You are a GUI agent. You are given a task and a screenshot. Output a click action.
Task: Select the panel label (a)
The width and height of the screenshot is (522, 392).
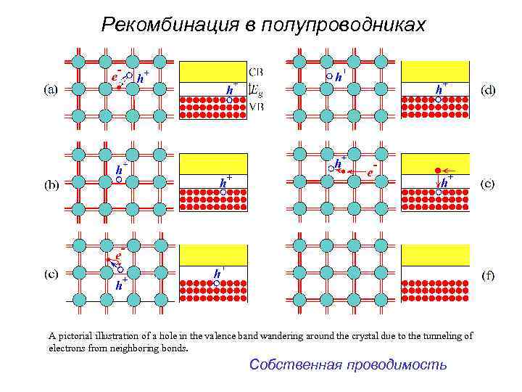(x=51, y=89)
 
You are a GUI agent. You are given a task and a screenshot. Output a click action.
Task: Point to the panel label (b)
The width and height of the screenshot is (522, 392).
(x=51, y=184)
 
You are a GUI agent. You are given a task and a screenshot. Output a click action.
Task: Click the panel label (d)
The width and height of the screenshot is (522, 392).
(x=489, y=89)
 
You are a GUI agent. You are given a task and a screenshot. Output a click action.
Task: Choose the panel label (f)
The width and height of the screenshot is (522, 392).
(x=489, y=275)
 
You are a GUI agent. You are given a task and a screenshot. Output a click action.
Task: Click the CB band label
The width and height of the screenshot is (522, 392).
(x=257, y=71)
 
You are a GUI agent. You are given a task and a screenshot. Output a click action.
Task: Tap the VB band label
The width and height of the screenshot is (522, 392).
(x=257, y=107)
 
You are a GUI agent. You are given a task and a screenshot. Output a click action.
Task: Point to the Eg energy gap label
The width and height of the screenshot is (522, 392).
(x=257, y=89)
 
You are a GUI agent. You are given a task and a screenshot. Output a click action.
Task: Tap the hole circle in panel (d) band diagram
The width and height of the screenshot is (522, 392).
(x=438, y=98)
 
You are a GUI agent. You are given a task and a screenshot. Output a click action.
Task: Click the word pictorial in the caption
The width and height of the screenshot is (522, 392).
(x=75, y=336)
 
